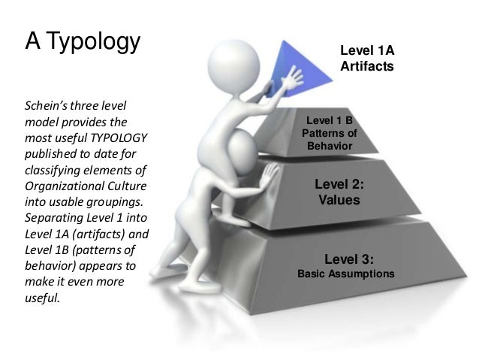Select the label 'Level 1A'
(x=367, y=51)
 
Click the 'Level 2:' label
(x=339, y=183)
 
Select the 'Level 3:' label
(x=345, y=260)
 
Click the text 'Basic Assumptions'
(x=345, y=274)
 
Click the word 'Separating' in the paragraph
(x=53, y=220)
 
